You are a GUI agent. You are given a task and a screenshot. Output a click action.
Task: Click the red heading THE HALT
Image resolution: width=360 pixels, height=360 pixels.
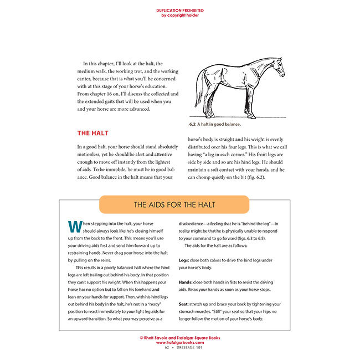click(x=92, y=133)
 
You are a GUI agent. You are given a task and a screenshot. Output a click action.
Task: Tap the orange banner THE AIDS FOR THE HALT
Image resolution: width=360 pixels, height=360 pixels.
click(x=179, y=205)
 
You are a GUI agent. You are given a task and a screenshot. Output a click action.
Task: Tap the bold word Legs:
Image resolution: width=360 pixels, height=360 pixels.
click(x=184, y=259)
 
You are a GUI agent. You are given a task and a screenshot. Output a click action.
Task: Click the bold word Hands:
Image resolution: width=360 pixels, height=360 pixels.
click(x=186, y=282)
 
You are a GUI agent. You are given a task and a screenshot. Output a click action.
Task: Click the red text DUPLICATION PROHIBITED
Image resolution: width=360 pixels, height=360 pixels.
click(x=179, y=11)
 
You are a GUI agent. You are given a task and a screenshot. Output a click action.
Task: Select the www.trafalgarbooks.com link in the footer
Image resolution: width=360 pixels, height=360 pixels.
click(x=179, y=342)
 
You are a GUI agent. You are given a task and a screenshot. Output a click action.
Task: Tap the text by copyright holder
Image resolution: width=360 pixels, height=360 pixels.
click(x=179, y=16)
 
